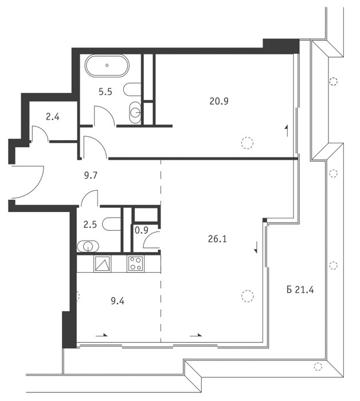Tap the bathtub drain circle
[107, 65]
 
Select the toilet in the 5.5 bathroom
[132, 89]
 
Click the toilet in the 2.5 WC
[112, 224]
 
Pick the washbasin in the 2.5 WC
[88, 246]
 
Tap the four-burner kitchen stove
[136, 264]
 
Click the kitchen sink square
[103, 264]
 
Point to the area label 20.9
[219, 101]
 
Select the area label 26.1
[217, 239]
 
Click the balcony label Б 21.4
[300, 290]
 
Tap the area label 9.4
[118, 301]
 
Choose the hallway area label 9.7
[91, 175]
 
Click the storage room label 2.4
[53, 117]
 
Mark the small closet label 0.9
[142, 230]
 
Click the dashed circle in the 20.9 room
[247, 143]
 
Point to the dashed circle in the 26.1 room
[248, 296]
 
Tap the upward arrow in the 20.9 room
[287, 131]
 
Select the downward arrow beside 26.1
[256, 247]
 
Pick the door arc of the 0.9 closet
[146, 236]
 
